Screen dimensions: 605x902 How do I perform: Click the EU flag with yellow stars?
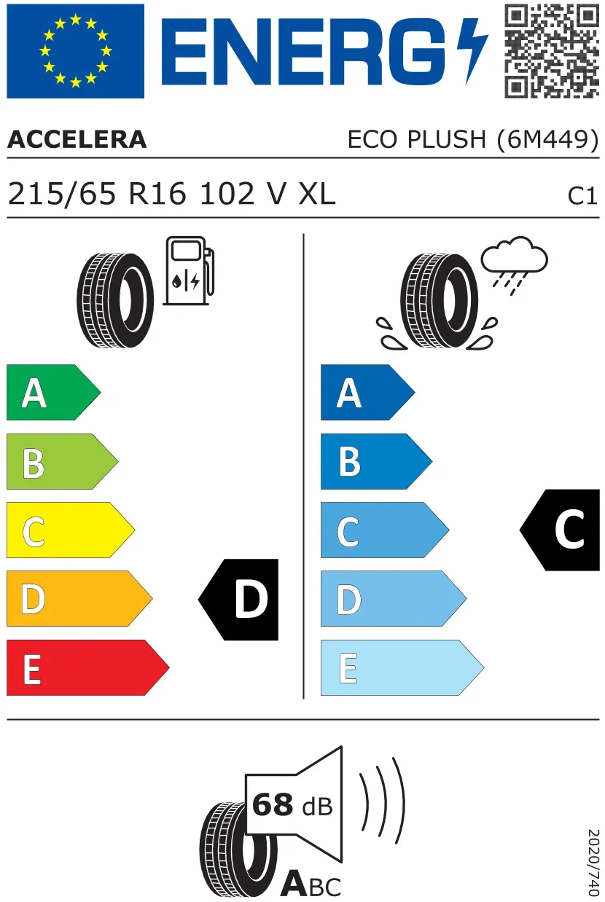click(75, 51)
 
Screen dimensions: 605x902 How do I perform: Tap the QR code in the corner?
click(552, 51)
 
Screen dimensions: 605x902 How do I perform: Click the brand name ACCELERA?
click(77, 140)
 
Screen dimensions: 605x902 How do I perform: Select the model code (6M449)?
click(548, 140)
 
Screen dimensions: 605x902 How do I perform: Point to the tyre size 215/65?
click(62, 194)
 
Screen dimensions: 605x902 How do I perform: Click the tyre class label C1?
click(582, 197)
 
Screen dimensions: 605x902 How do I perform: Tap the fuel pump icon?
click(189, 270)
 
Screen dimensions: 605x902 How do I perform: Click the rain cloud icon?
click(514, 265)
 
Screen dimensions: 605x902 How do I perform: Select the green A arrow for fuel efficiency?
click(53, 392)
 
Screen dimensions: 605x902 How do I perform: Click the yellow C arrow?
click(71, 530)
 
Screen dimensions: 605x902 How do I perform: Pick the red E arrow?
click(87, 667)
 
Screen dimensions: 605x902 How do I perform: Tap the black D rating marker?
click(238, 600)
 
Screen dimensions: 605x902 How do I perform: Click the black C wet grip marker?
click(560, 530)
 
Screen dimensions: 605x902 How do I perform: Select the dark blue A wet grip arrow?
click(368, 392)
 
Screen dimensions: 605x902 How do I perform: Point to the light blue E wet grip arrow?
click(402, 667)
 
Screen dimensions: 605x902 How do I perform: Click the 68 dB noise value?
click(292, 804)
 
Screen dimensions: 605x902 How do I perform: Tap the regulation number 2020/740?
click(593, 861)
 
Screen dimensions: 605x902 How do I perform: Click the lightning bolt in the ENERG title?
click(472, 51)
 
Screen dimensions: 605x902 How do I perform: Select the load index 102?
click(227, 194)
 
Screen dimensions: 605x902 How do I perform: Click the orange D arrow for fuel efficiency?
click(79, 598)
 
